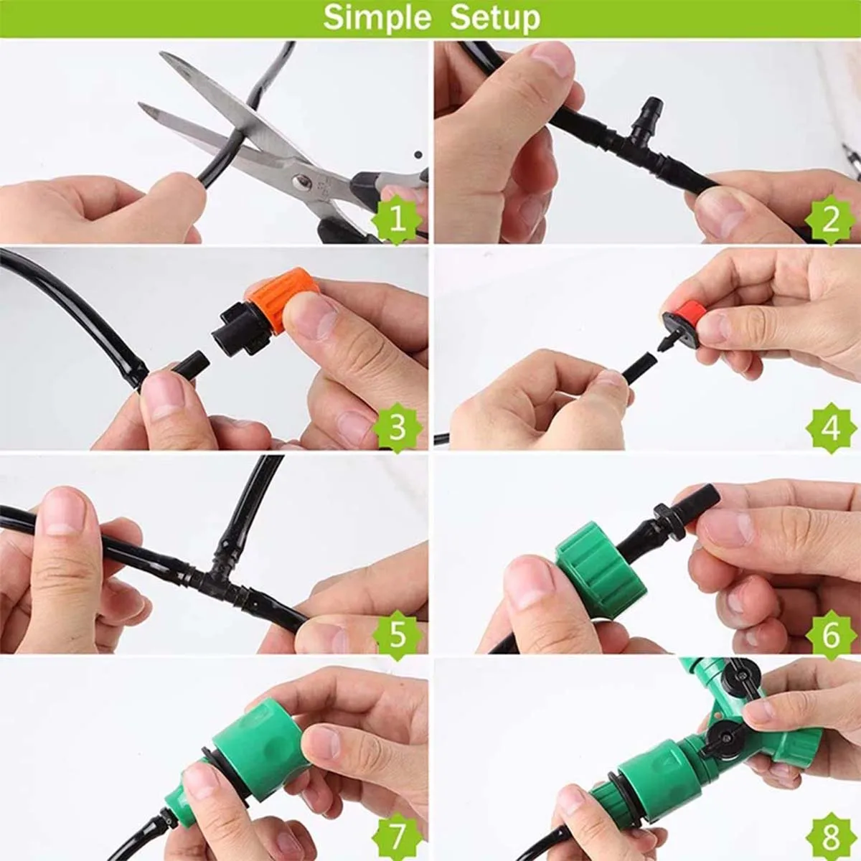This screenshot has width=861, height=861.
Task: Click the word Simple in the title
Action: pyautogui.click(x=377, y=19)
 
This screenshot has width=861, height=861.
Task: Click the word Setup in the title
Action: pyautogui.click(x=495, y=18)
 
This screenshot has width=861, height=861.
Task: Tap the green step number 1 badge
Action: pyautogui.click(x=397, y=220)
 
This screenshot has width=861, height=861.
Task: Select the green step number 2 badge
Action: pyautogui.click(x=830, y=220)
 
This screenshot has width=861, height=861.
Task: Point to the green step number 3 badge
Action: pyautogui.click(x=397, y=427)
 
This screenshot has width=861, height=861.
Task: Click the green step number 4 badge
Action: pyautogui.click(x=830, y=427)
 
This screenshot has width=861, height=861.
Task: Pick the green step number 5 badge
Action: pyautogui.click(x=397, y=634)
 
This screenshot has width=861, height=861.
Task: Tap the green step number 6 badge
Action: pyautogui.click(x=830, y=634)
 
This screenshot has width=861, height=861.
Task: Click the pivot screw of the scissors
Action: pyautogui.click(x=301, y=182)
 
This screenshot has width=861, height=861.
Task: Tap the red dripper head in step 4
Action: pyautogui.click(x=687, y=312)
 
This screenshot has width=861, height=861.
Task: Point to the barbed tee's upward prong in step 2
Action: pyautogui.click(x=650, y=116)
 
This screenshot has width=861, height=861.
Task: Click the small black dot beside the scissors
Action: pyautogui.click(x=418, y=154)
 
